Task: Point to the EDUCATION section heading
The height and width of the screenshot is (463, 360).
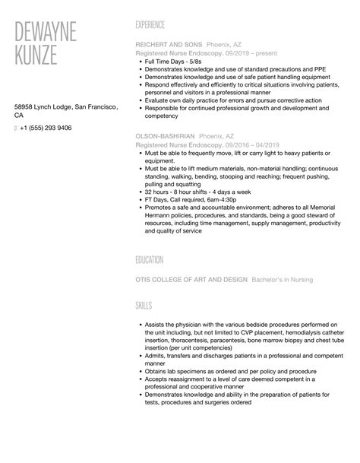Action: [150, 260]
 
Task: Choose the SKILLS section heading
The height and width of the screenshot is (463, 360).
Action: [143, 305]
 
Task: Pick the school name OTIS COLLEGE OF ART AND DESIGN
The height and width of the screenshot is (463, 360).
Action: [191, 280]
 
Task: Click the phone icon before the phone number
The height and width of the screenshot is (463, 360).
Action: [17, 128]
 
